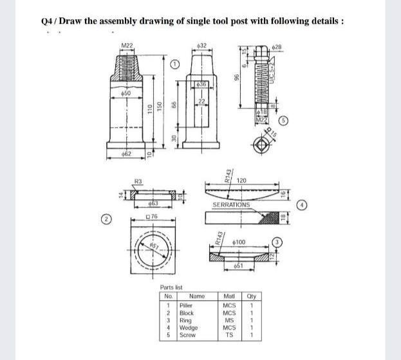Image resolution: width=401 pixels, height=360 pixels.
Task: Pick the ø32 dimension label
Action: click(202, 44)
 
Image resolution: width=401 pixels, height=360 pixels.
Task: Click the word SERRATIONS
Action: click(230, 204)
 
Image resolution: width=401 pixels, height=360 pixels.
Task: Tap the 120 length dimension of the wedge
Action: click(242, 181)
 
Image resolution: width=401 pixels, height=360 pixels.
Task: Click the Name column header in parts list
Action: click(197, 296)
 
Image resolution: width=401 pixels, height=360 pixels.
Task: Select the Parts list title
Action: click(171, 287)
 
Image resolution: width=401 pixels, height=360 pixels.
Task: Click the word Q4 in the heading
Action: click(45, 20)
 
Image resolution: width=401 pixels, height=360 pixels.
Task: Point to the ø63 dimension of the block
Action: click(153, 204)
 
